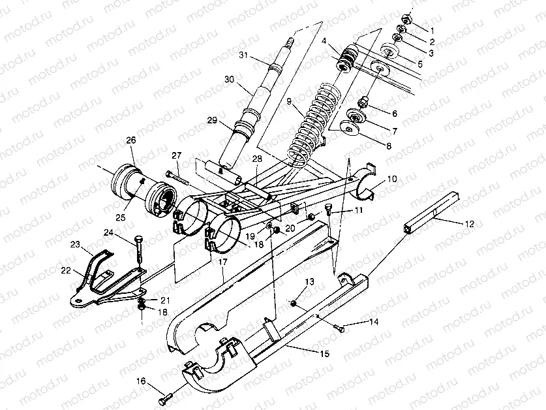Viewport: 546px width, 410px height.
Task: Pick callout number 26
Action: [x=130, y=140]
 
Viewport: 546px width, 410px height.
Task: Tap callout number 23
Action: [x=76, y=245]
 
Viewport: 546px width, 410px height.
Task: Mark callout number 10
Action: [x=391, y=178]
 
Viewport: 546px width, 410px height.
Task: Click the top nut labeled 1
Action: [x=405, y=18]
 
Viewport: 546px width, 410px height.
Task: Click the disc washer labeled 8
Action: [x=351, y=130]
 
